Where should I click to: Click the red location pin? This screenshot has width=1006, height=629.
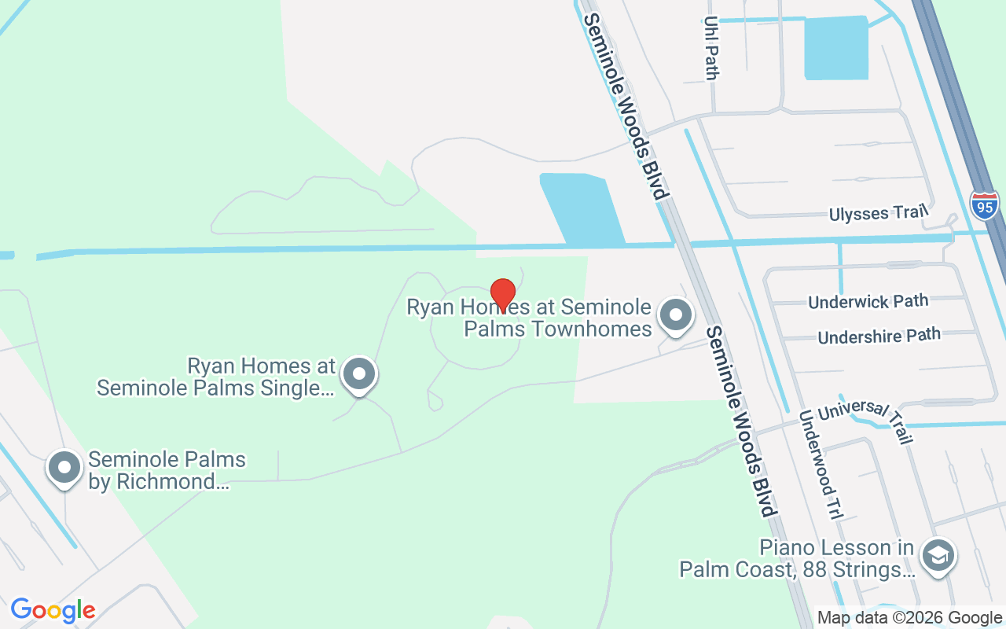[x=502, y=294]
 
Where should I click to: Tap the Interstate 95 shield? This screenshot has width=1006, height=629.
[x=983, y=204]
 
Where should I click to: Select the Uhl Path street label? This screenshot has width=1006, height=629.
[x=711, y=48]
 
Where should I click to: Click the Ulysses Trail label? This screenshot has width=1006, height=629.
[x=879, y=213]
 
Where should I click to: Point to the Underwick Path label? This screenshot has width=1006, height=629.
[x=868, y=301]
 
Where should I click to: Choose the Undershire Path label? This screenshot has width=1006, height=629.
[x=879, y=336]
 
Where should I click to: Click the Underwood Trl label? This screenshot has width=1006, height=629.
[x=820, y=464]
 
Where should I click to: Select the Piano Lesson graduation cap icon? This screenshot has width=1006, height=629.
[x=937, y=557]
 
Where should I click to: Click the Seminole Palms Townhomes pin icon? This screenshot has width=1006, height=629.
[x=674, y=315]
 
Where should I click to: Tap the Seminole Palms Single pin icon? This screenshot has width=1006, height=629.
[x=360, y=374]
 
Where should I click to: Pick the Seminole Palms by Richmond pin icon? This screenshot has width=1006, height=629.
[x=64, y=468]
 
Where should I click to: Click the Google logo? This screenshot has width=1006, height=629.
[x=53, y=610]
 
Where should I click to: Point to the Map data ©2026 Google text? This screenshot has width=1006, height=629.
[x=909, y=618]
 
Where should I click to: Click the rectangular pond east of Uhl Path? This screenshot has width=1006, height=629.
[x=835, y=49]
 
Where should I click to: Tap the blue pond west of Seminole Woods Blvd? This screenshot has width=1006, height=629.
[x=582, y=208]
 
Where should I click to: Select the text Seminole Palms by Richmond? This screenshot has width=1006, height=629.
[x=167, y=470]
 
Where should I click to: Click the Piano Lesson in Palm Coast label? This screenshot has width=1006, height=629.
[x=797, y=558]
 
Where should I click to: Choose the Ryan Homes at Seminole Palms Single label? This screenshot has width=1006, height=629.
[x=216, y=377]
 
